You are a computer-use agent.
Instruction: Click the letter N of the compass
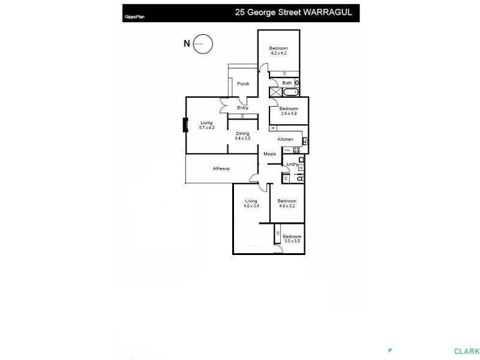(187, 43)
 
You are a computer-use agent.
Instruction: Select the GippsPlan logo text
(133, 17)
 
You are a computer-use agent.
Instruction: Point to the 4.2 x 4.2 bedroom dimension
(278, 53)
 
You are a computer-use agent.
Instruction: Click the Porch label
(243, 83)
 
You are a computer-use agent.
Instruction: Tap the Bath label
(287, 83)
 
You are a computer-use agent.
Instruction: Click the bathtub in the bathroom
(290, 93)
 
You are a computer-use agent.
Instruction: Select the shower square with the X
(275, 93)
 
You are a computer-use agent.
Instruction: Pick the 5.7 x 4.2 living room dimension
(206, 128)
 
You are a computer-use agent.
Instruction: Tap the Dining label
(242, 133)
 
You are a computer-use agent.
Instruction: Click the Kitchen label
(285, 139)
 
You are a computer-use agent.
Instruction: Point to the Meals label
(270, 154)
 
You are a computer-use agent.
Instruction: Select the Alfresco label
(221, 169)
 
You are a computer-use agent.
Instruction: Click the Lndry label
(292, 164)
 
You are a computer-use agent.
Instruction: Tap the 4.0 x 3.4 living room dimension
(251, 206)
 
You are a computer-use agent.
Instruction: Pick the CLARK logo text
(466, 352)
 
